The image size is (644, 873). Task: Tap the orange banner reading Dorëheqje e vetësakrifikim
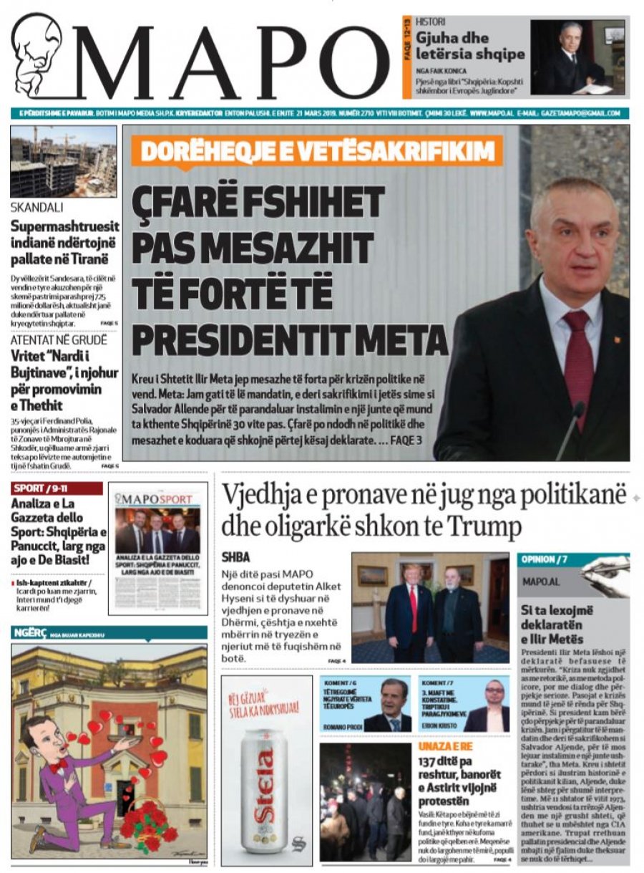(316, 151)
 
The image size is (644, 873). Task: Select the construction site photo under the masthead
(63, 162)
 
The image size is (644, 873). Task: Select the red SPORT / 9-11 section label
(57, 488)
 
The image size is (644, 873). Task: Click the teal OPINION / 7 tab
(544, 559)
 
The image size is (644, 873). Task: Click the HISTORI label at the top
(431, 22)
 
